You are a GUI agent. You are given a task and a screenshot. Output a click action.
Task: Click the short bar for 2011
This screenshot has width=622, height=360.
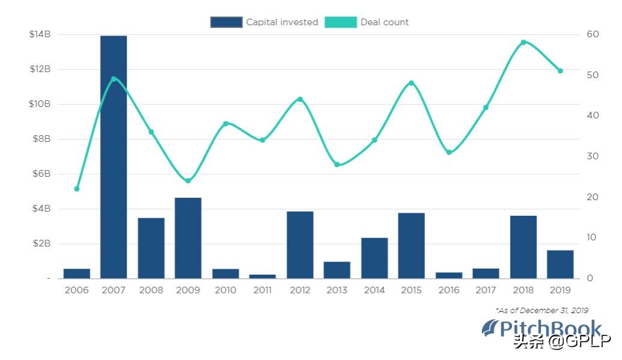pos(263,276)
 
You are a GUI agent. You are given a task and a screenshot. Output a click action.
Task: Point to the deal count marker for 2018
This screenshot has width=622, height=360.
pos(523,42)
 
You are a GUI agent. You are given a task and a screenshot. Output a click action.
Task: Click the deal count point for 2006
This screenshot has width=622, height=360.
pos(77,189)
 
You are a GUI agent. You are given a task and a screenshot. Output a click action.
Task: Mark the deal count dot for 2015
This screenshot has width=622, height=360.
pos(412,83)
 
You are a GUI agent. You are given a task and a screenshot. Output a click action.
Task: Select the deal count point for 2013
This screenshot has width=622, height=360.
pos(337,165)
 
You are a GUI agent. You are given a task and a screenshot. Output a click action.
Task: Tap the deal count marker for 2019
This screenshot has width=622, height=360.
pos(560,71)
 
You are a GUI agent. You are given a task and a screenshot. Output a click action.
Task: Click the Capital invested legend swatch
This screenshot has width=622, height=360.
pos(226,22)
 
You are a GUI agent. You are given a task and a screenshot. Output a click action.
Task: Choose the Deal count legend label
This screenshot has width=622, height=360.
pos(384,22)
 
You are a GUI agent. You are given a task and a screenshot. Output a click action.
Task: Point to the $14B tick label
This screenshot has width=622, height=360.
pos(40,34)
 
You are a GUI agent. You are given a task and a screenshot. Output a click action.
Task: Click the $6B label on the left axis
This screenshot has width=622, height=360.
pos(40,174)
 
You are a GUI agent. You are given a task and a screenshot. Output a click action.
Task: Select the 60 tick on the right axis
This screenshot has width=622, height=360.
pos(593,34)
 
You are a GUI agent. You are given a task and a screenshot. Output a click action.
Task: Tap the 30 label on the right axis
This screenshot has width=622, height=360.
pos(593,156)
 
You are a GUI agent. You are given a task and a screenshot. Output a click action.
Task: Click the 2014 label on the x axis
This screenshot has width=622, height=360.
pos(374,290)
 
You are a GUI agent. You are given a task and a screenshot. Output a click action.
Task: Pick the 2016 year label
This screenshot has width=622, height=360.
pos(449,290)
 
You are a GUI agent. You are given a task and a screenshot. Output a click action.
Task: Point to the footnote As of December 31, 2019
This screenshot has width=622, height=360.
pos(541,310)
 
